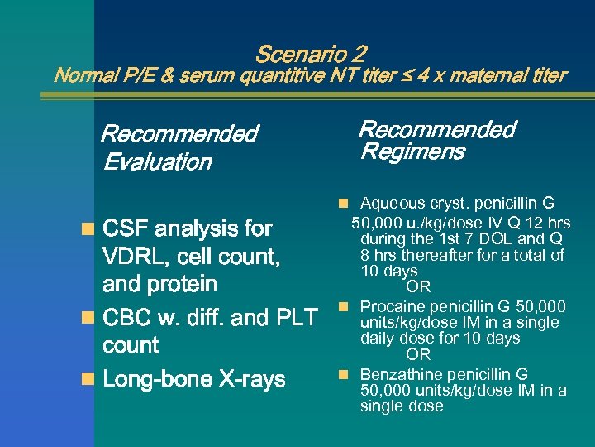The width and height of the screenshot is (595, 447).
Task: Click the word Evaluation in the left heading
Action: click(x=158, y=162)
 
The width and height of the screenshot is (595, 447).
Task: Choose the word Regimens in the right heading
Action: click(x=412, y=152)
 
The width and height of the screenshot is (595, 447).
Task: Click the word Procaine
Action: click(x=393, y=307)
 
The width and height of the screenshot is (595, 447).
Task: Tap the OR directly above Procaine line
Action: click(x=418, y=287)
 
